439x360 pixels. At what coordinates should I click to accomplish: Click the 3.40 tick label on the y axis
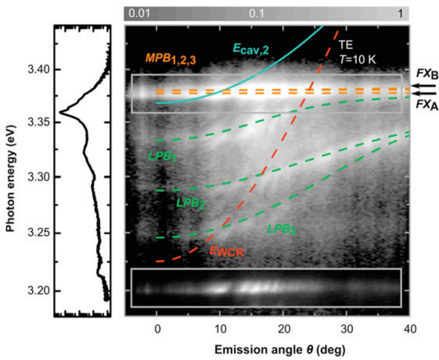[x=35, y=70]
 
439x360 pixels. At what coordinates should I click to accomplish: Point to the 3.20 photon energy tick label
[x=35, y=290]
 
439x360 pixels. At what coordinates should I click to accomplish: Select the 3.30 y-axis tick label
[x=35, y=177]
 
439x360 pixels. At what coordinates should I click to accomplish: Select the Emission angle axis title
[x=267, y=347]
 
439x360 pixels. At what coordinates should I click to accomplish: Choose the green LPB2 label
[x=191, y=203]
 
